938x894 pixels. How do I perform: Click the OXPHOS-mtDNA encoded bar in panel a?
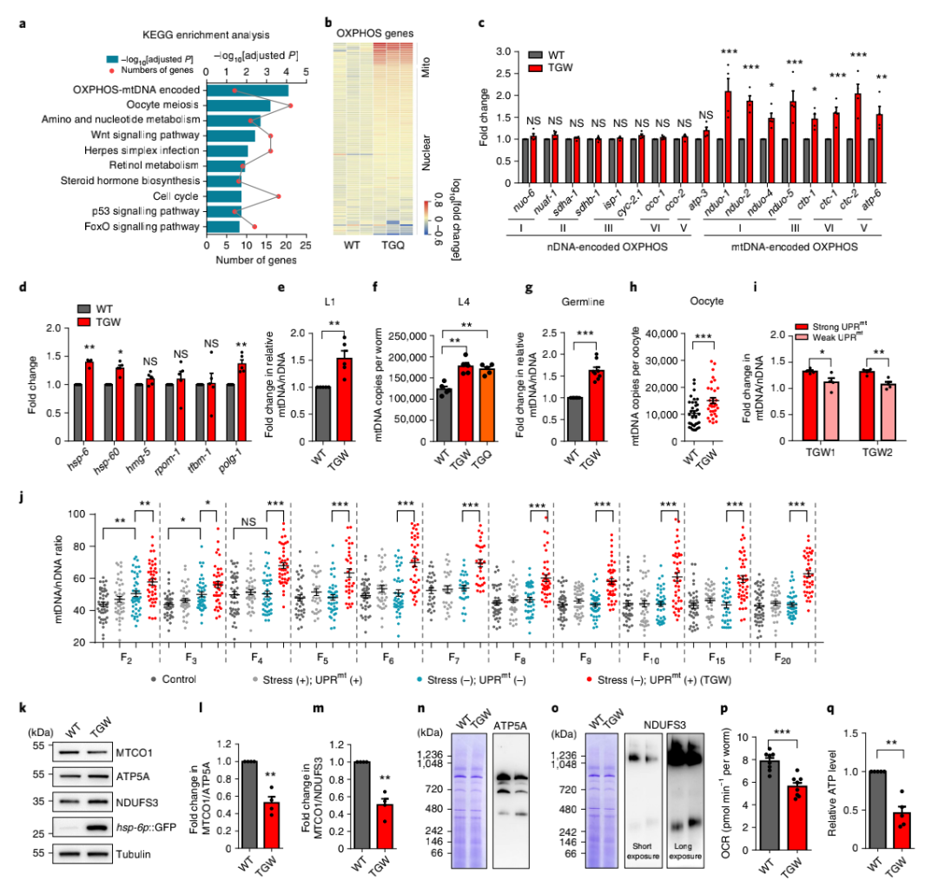[247, 90]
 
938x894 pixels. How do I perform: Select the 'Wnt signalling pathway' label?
[147, 136]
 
